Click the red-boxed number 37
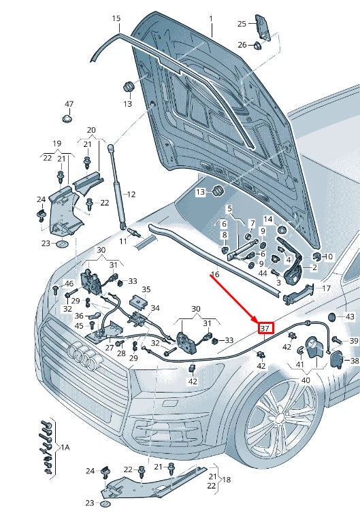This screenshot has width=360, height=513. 265,329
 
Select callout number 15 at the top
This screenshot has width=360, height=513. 116,18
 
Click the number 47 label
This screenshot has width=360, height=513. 69,104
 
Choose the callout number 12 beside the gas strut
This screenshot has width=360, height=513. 131,194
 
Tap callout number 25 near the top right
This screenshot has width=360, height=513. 242,24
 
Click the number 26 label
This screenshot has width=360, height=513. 242,45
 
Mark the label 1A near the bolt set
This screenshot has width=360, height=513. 65,447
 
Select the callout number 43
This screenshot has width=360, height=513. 350,316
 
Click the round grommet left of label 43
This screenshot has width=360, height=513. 332,317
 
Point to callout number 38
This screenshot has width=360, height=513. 354,360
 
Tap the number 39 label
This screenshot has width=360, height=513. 354,341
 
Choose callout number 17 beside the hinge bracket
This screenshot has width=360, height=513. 327,288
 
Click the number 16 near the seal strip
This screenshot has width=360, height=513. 214,275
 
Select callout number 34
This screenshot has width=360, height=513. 155,307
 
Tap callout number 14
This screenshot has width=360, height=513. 267,219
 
